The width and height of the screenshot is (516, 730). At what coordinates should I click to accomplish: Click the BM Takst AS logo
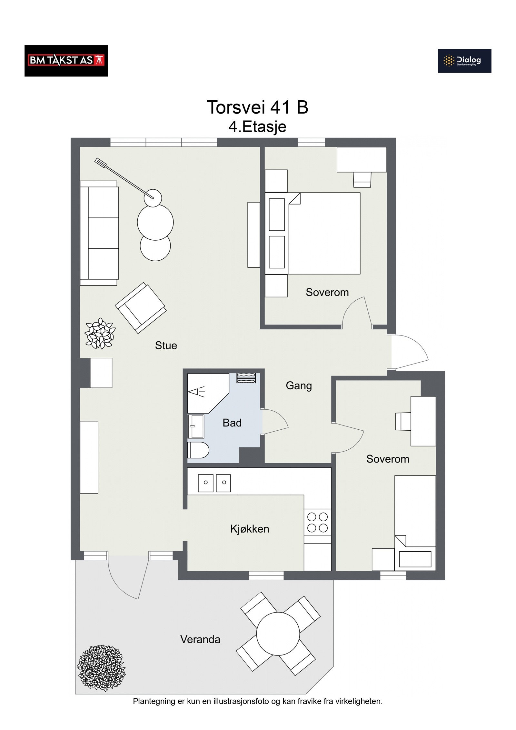(x=66, y=61)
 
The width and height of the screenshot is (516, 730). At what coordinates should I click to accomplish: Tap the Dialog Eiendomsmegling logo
(x=464, y=61)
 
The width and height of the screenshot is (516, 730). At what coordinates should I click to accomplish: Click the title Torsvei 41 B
(x=257, y=107)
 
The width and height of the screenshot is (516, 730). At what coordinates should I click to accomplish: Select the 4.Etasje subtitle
(x=257, y=127)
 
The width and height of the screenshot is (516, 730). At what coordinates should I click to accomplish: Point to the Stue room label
(x=166, y=345)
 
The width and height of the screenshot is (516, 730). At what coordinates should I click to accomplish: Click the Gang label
(x=299, y=386)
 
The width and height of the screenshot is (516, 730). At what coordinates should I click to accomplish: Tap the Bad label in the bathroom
(x=232, y=423)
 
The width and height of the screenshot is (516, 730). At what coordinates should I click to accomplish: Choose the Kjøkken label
(x=250, y=529)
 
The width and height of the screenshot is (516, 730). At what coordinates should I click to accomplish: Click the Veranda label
(x=200, y=639)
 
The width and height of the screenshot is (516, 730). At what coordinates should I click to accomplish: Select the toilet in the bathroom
(x=198, y=450)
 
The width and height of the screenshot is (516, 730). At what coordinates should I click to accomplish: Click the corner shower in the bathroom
(x=208, y=393)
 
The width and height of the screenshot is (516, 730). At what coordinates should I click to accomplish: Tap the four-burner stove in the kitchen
(x=318, y=522)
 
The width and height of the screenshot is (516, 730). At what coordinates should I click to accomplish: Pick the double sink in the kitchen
(x=214, y=483)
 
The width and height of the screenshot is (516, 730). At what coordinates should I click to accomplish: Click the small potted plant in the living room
(x=100, y=334)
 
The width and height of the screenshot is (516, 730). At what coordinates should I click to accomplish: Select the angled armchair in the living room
(x=141, y=308)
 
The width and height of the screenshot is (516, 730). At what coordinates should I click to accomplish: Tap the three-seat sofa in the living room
(x=99, y=233)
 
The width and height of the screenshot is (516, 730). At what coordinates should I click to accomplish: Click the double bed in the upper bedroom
(x=313, y=234)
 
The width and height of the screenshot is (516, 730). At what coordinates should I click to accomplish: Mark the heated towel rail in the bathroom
(x=246, y=378)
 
